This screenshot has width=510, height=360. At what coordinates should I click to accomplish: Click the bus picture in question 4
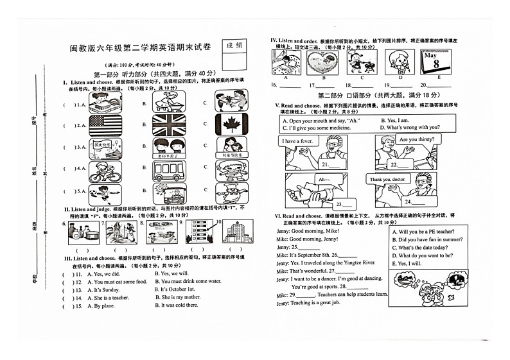coord(169,170)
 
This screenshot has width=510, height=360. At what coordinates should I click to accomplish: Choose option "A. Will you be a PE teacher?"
coord(427,232)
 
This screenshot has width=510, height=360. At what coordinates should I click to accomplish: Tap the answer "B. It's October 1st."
coord(174,289)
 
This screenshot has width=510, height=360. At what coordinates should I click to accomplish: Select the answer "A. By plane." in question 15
coord(98,305)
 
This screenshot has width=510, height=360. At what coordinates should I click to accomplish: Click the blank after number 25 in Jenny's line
coord(309,247)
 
